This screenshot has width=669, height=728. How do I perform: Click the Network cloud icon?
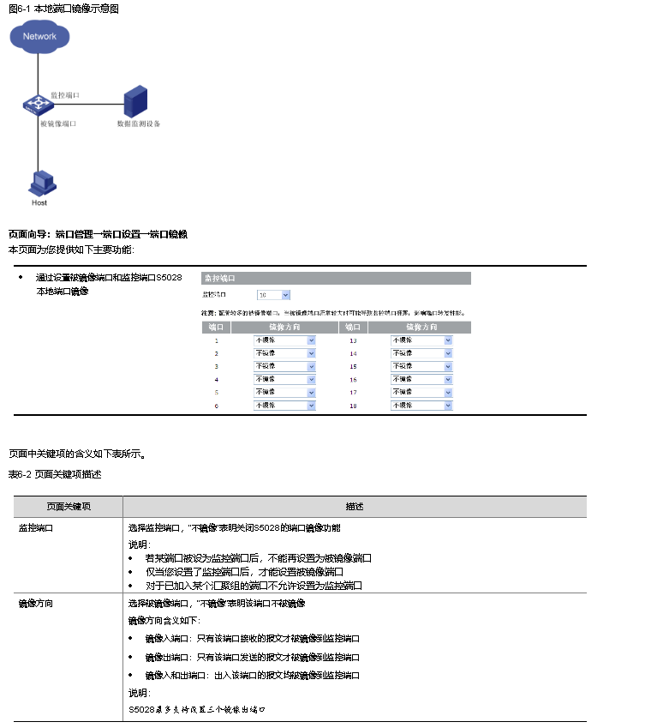coord(39,37)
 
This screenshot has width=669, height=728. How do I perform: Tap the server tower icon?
coord(135,101)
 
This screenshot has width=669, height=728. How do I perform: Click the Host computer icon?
coord(40,184)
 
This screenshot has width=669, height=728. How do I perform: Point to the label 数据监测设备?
coord(139,123)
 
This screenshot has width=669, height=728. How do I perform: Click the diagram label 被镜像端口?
coord(58,123)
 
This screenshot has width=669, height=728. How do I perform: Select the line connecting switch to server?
coord(86,105)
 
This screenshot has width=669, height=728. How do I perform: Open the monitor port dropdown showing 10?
coord(274,294)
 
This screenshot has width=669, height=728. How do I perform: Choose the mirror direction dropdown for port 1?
coord(285,340)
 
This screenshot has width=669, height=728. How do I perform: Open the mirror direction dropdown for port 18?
coord(422,405)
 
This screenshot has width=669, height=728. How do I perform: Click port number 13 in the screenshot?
coord(353,340)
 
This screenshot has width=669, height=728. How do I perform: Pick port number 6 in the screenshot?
coord(217,405)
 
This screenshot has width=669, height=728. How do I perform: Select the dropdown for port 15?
coord(422,366)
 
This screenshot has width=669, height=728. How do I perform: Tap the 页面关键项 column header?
coord(69,507)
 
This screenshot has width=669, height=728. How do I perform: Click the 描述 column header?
coord(355,507)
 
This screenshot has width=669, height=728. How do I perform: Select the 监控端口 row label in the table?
coord(36,528)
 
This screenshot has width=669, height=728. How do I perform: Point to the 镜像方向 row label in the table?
coord(36,604)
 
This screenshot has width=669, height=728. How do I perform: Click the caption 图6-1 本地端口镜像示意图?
coord(63,9)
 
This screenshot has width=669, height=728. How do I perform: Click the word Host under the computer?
coord(39,203)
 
